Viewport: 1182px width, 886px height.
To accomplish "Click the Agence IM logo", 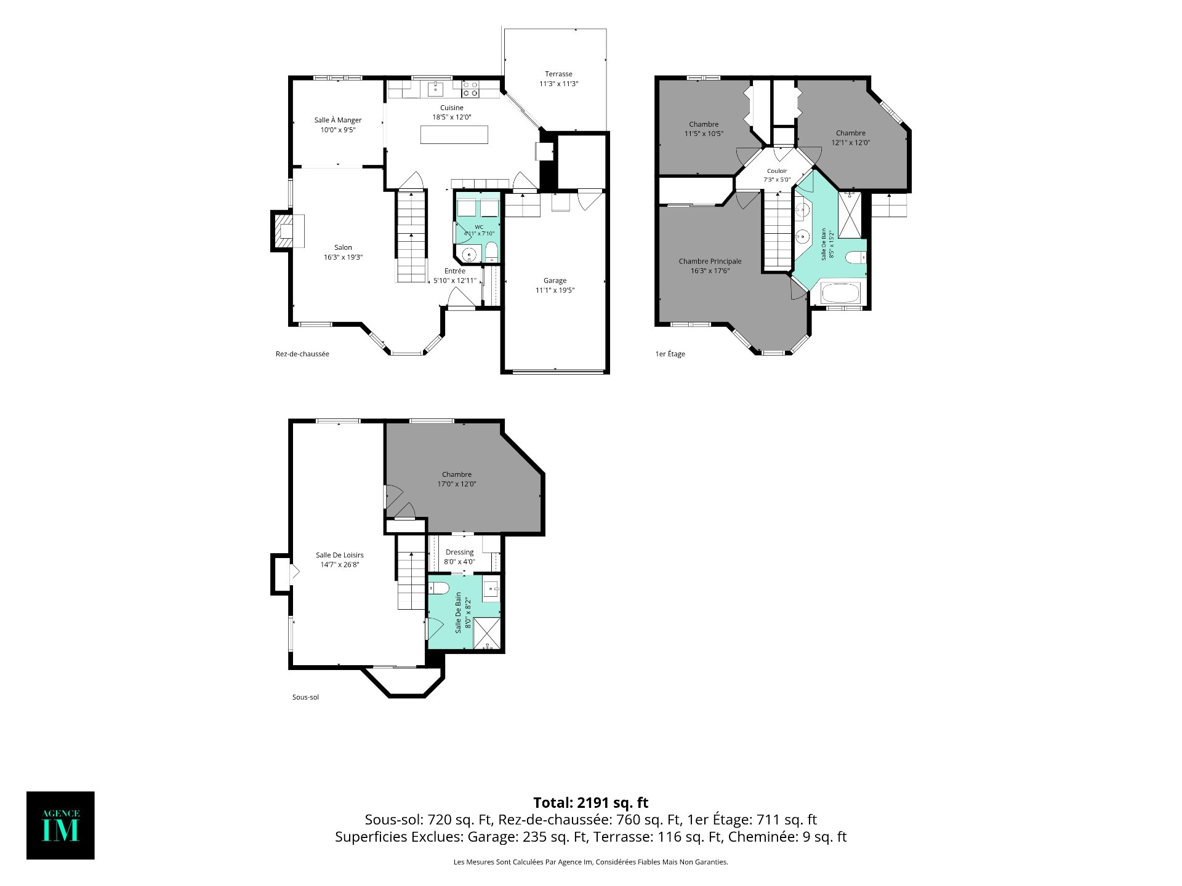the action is pos(60,825).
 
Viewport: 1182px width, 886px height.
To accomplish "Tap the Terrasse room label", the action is pos(558,74).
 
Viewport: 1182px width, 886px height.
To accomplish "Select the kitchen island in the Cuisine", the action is pos(454,135).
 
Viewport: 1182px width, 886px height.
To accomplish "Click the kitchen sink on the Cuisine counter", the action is pos(435,89).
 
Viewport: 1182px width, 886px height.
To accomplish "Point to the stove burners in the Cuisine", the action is pos(470,89).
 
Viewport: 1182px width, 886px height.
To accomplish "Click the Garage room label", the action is pos(555,281).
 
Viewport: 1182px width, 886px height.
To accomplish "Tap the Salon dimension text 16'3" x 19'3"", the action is pos(343,257).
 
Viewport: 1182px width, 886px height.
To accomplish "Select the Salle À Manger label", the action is pos(338,120).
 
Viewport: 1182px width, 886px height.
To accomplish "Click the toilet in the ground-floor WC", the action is pos(491,252).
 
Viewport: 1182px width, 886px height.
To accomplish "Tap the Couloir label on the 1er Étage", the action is pos(777,171).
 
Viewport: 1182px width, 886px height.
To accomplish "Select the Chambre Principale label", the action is pos(710,261).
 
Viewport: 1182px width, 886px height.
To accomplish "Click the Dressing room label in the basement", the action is pos(460,552).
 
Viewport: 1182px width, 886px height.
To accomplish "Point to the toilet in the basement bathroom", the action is pos(438,589).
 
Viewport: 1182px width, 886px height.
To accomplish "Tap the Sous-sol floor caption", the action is pos(305,697).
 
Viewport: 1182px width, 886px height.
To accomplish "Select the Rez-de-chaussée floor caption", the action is pos(302,354).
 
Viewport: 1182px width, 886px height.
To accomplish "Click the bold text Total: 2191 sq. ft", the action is pos(591,802).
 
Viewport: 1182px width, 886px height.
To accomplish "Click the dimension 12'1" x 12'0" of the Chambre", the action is pos(851,143).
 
